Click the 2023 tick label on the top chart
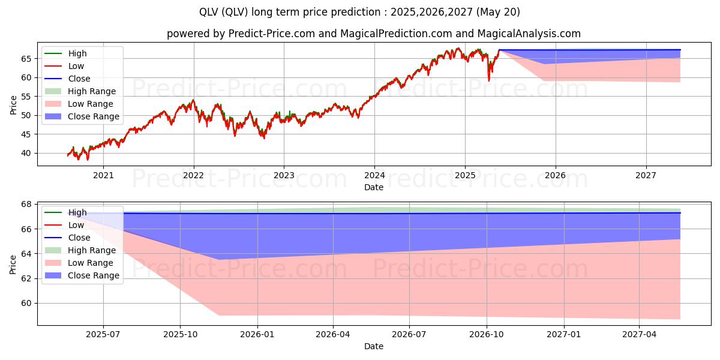pyautogui.click(x=284, y=176)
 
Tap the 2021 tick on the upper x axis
pyautogui.click(x=103, y=176)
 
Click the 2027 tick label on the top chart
pyautogui.click(x=646, y=176)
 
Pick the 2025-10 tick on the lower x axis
pyautogui.click(x=180, y=335)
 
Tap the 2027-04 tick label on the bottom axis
pyautogui.click(x=640, y=335)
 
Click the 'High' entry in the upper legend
pyautogui.click(x=77, y=53)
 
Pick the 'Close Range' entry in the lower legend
pyautogui.click(x=93, y=275)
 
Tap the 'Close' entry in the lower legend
pyautogui.click(x=79, y=238)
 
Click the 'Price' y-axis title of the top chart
pyautogui.click(x=13, y=104)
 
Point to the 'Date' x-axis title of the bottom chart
pyautogui.click(x=374, y=346)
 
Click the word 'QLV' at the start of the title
pyautogui.click(x=211, y=12)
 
